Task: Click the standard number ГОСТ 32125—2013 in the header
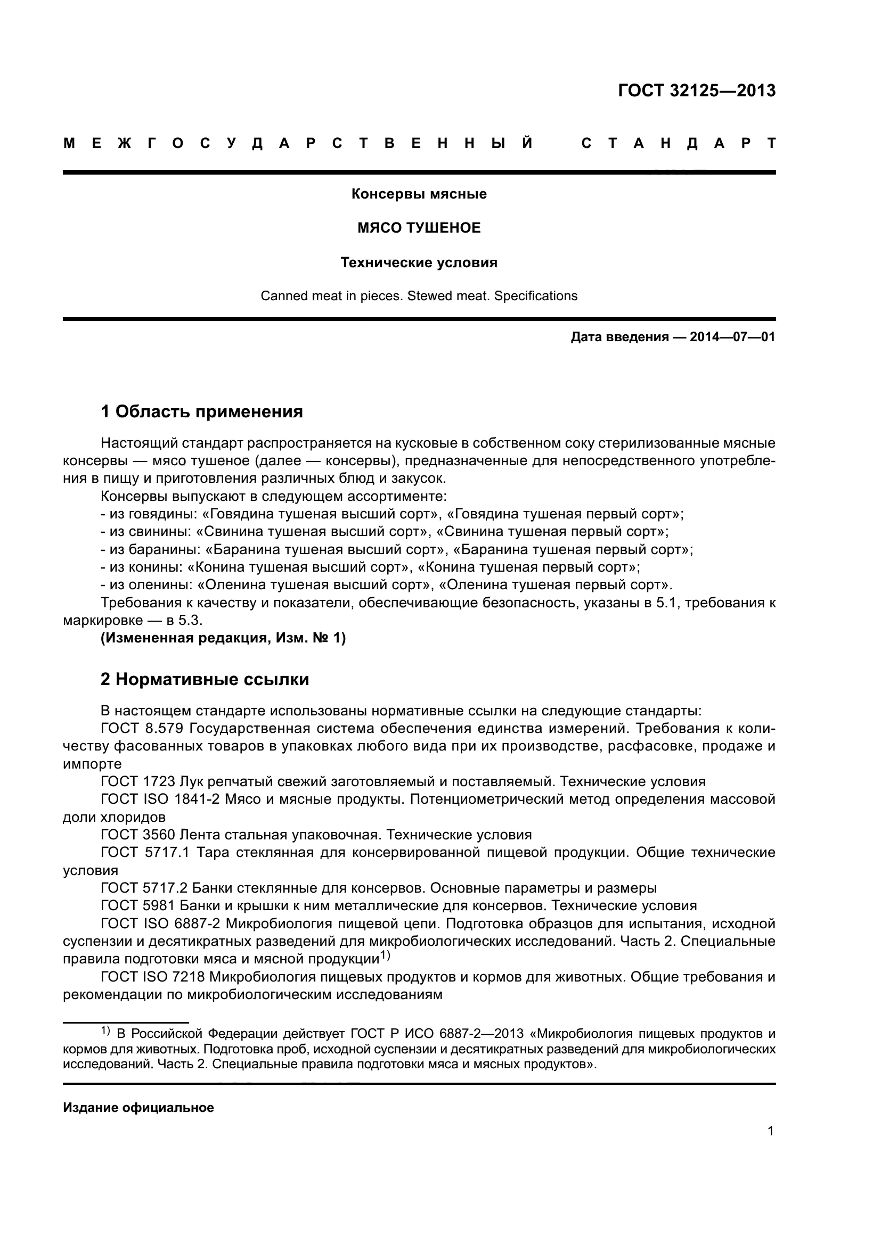point(697,90)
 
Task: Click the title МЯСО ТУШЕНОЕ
point(419,228)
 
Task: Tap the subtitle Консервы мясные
point(419,194)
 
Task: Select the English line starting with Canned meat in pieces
point(419,295)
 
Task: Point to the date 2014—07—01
point(732,337)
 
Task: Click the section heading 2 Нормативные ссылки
point(205,679)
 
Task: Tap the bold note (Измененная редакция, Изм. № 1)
point(223,638)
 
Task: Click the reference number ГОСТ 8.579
point(143,728)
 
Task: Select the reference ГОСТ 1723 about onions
point(138,781)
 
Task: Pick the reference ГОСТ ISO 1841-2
point(160,799)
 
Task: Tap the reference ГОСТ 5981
point(138,905)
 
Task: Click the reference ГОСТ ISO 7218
point(152,977)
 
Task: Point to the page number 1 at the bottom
point(770,1131)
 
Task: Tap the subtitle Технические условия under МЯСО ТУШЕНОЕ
point(419,262)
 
